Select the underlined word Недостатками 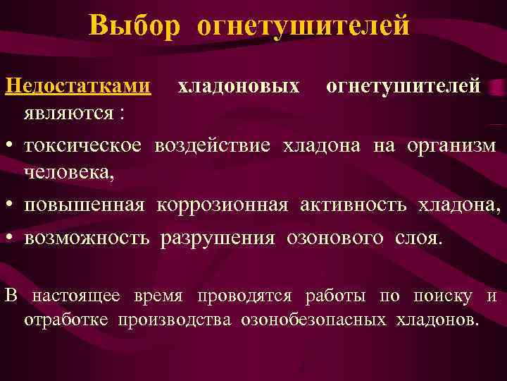tap(78, 86)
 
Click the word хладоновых tap(239, 86)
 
